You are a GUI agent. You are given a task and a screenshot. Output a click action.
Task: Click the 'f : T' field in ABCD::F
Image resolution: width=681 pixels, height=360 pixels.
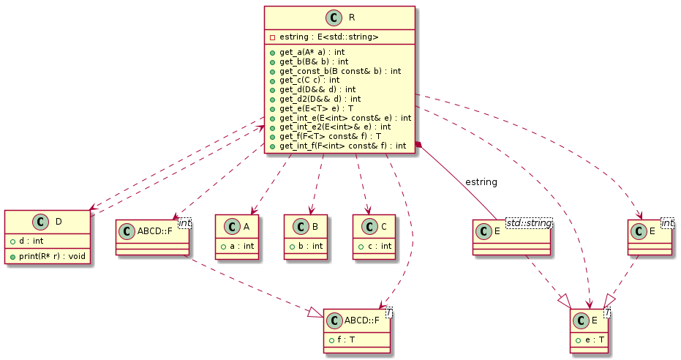click(x=347, y=340)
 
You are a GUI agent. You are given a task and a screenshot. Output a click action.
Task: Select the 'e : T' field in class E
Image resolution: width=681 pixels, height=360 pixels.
click(x=592, y=340)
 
